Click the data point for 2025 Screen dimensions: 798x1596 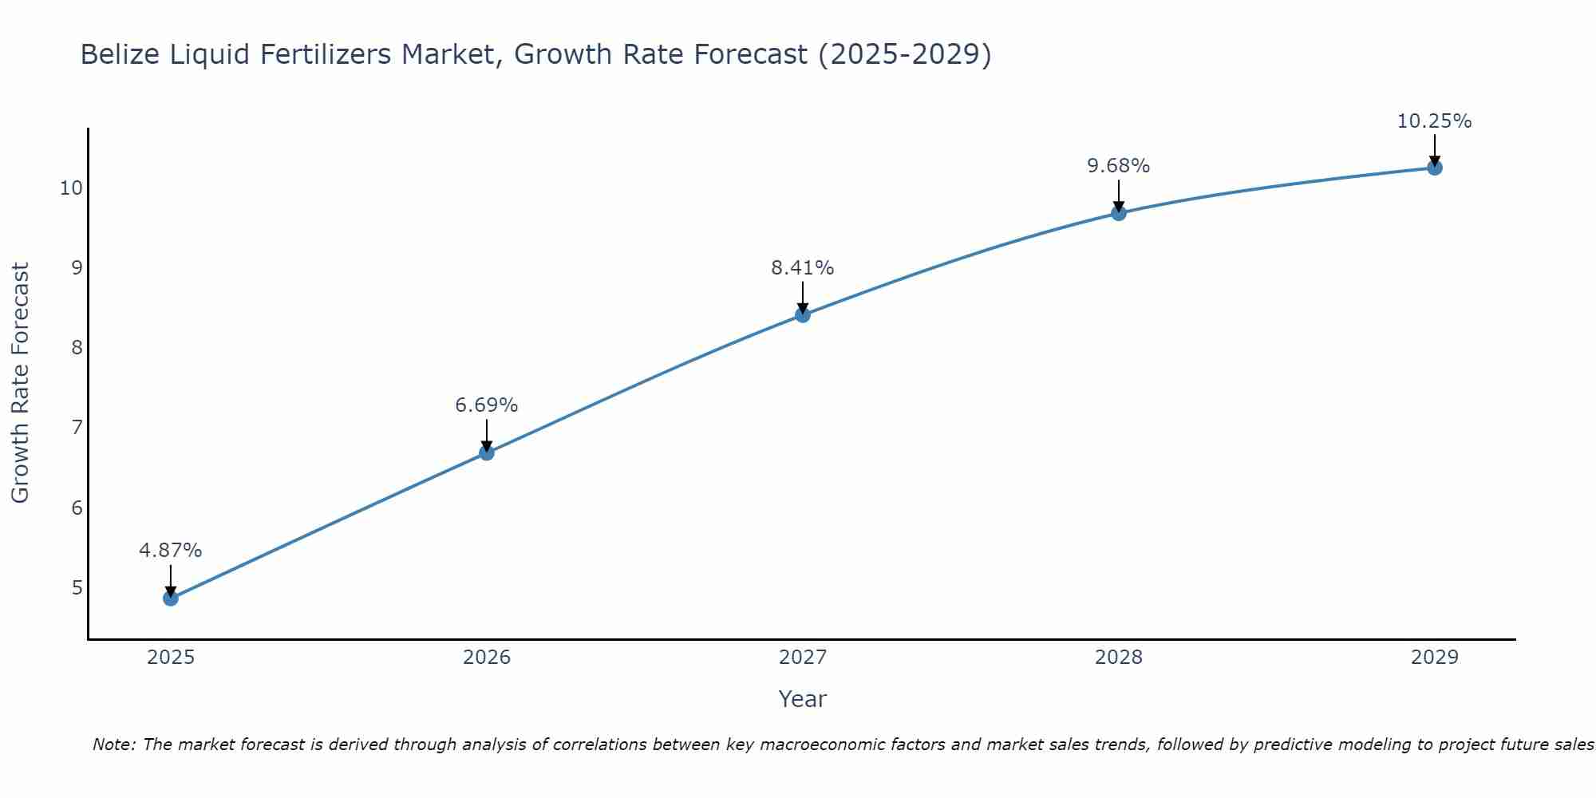170,598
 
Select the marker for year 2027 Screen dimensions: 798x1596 802,315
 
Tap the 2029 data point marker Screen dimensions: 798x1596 1434,168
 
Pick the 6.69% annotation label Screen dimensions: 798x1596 486,405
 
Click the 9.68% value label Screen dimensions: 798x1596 1118,166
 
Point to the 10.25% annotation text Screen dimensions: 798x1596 1434,121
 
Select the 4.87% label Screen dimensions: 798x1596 170,551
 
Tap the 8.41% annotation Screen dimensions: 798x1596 802,268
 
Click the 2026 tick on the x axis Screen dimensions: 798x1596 486,658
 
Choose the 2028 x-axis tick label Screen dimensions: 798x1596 1118,658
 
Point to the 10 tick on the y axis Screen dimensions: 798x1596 71,188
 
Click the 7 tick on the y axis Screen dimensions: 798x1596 77,428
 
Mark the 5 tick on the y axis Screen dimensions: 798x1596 77,588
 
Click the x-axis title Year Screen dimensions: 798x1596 802,699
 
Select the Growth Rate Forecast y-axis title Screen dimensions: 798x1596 21,383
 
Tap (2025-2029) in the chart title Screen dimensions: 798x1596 905,54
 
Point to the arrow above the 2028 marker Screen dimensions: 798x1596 1118,196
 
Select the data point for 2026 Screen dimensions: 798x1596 486,452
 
